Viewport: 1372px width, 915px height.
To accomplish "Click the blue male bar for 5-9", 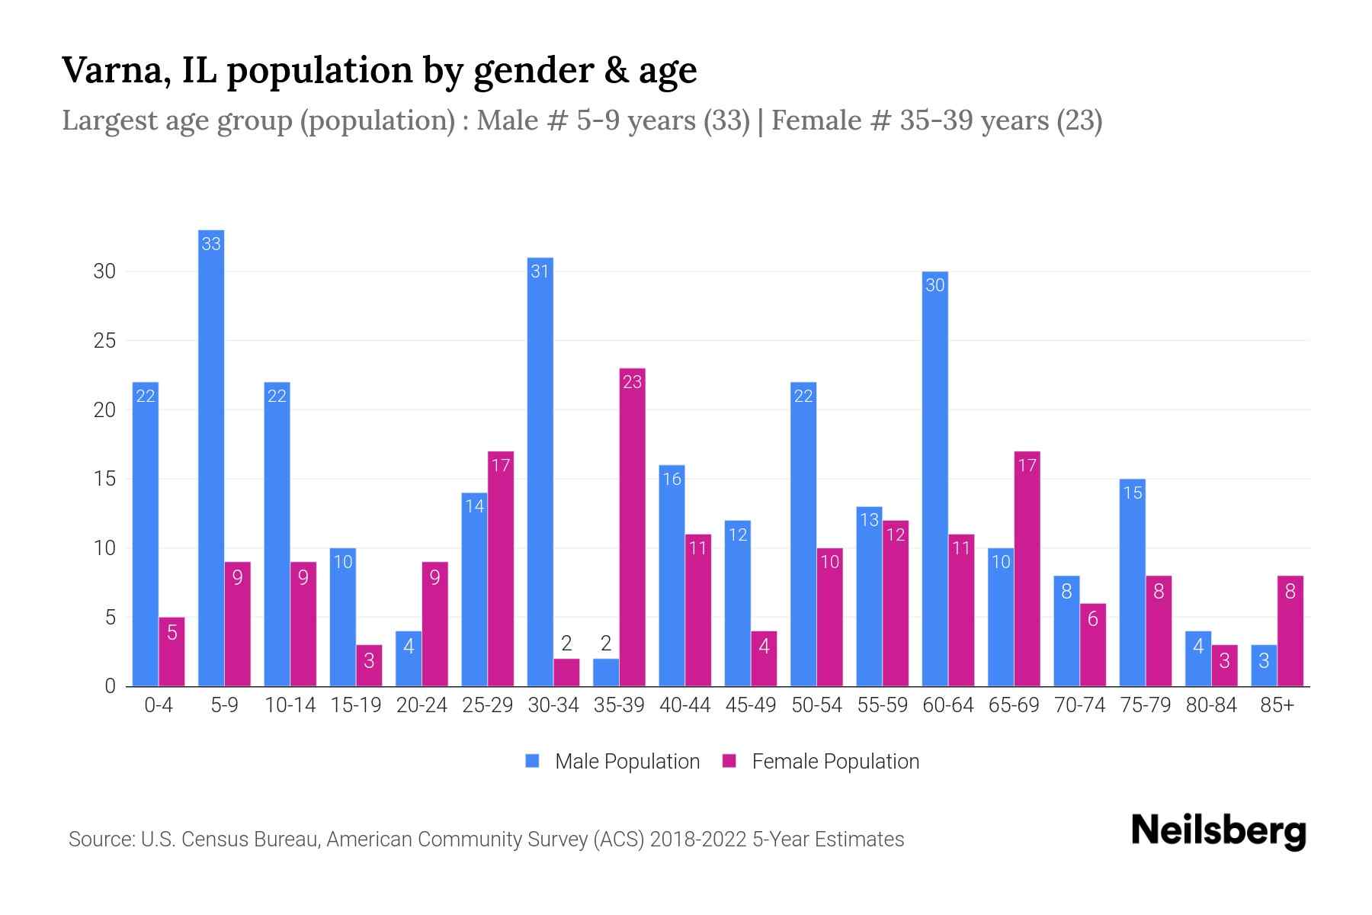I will pyautogui.click(x=211, y=457).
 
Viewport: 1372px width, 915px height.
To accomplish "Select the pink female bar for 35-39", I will pyautogui.click(x=632, y=527).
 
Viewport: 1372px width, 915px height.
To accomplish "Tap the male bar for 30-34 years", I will pyautogui.click(x=540, y=472).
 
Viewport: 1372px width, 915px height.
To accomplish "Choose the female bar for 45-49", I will pyautogui.click(x=764, y=659).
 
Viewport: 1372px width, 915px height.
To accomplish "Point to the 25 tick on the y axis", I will pyautogui.click(x=104, y=341).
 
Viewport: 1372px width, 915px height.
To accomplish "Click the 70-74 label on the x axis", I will pyautogui.click(x=1079, y=705).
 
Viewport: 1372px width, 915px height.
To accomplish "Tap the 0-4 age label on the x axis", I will pyautogui.click(x=159, y=705).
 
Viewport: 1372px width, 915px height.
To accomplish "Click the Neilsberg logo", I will pyautogui.click(x=1218, y=831).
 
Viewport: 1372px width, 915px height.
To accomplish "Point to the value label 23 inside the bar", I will pyautogui.click(x=632, y=382).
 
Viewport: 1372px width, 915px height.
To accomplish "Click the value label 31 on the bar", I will pyautogui.click(x=540, y=271).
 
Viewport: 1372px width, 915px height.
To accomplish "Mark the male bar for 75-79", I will pyautogui.click(x=1132, y=583).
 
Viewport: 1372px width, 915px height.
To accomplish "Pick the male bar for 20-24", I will pyautogui.click(x=409, y=659).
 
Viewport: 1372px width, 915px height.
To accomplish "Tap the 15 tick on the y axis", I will pyautogui.click(x=104, y=479).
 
